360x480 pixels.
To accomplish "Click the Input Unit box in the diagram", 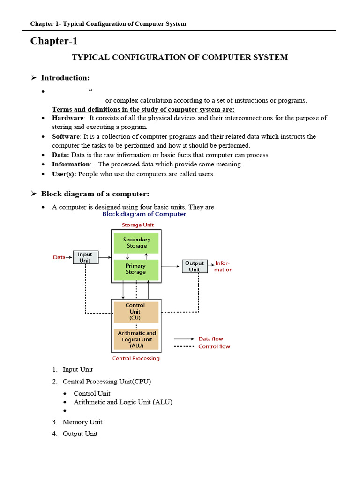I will pyautogui.click(x=85, y=257).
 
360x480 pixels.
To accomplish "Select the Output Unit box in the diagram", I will pyautogui.click(x=194, y=266).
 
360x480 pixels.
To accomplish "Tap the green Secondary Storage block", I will pyautogui.click(x=136, y=243).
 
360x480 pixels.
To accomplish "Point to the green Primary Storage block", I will pyautogui.click(x=136, y=269).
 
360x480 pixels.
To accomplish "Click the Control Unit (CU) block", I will pyautogui.click(x=135, y=311).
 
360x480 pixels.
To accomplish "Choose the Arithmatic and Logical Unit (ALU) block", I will pyautogui.click(x=136, y=339).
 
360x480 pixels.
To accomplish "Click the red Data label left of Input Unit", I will pyautogui.click(x=59, y=257).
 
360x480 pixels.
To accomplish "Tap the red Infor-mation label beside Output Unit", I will pyautogui.click(x=224, y=266).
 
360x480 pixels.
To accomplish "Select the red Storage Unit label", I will pyautogui.click(x=138, y=225).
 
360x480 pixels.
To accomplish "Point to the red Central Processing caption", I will pyautogui.click(x=136, y=358).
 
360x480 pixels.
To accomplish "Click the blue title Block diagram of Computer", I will pyautogui.click(x=144, y=214).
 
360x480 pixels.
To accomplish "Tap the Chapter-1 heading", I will pyautogui.click(x=54, y=41).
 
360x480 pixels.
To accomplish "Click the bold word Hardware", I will pyautogui.click(x=67, y=118).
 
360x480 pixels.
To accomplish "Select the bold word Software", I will pyautogui.click(x=66, y=136).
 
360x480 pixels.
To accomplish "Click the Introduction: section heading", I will pyautogui.click(x=65, y=77).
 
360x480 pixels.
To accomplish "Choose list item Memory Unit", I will pyautogui.click(x=82, y=422).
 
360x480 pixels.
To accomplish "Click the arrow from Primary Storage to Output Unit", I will pyautogui.click(x=171, y=267).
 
